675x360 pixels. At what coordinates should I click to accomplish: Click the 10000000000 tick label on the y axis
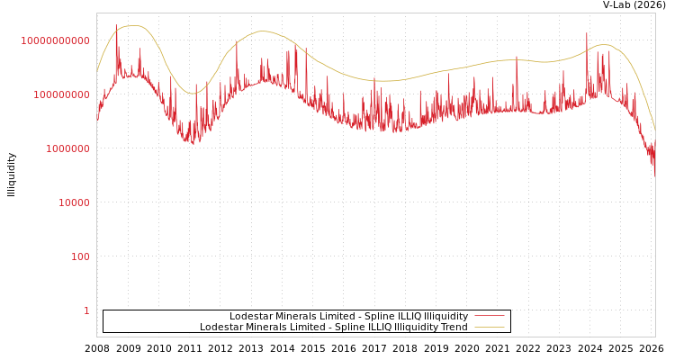pos(56,40)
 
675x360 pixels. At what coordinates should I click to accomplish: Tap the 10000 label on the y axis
pos(74,202)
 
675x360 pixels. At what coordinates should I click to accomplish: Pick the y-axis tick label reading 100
pos(80,256)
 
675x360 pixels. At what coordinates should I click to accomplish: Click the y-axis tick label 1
pos(86,310)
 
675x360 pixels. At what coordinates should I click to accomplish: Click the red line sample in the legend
pos(489,317)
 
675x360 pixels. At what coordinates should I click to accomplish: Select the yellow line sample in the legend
pos(489,328)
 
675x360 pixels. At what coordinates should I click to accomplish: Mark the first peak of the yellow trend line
pos(134,26)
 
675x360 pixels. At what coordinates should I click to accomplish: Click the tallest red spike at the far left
pos(116,26)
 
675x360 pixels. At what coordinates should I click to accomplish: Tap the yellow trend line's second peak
pos(262,31)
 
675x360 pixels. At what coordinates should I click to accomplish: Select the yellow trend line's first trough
pos(192,94)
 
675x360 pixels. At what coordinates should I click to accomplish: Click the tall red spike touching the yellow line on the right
pos(587,34)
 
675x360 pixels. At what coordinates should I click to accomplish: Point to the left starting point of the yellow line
pos(97,71)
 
